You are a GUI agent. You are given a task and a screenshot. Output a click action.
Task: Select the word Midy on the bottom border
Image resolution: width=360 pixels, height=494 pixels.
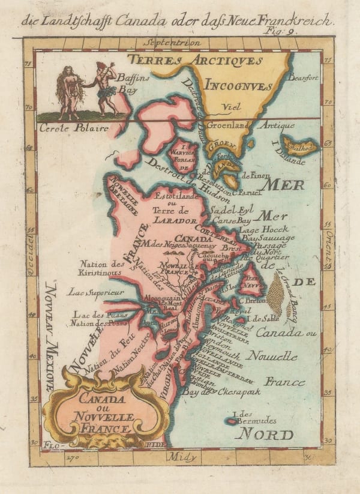pos(182,457)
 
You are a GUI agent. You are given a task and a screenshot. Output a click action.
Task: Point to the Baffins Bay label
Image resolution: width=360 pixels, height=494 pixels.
pos(128,83)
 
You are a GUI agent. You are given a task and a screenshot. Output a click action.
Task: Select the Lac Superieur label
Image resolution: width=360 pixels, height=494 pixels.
pos(96,292)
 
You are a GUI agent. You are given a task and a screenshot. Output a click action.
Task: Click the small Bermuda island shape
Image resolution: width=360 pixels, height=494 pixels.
pos(231,421)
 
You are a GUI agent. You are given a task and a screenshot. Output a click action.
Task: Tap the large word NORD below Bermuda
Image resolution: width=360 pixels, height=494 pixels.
pos(264,435)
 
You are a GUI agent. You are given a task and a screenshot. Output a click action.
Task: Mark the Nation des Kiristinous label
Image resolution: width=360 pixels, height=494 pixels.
pos(100,268)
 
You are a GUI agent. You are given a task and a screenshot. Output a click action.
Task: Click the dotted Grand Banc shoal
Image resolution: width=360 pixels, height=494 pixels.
pos(276,294)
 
